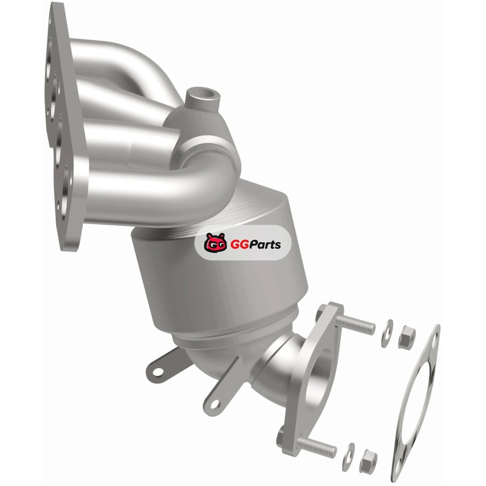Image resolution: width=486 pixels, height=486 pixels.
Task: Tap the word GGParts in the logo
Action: pyautogui.click(x=255, y=245)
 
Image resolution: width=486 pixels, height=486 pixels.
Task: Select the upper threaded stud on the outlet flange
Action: pyautogui.click(x=356, y=323)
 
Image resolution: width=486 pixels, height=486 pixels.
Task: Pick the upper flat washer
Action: pyautogui.click(x=388, y=333)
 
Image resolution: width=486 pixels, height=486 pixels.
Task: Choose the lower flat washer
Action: pyautogui.click(x=348, y=457)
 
